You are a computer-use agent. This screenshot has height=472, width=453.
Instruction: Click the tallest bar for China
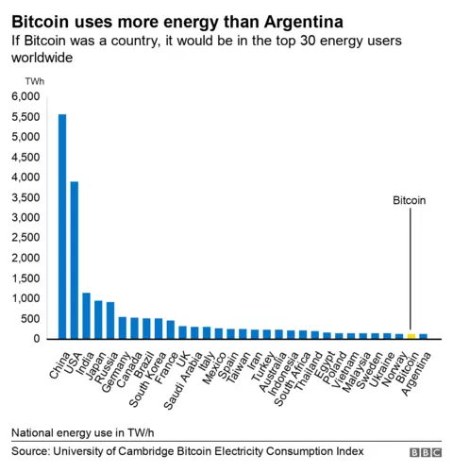pos(62,227)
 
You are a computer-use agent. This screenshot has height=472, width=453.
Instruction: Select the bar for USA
pos(75,260)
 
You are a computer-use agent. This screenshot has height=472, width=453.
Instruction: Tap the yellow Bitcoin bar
pos(411,335)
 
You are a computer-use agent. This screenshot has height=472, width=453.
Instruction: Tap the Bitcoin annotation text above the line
pos(410,200)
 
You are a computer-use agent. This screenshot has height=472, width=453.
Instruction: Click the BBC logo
pos(425,453)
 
